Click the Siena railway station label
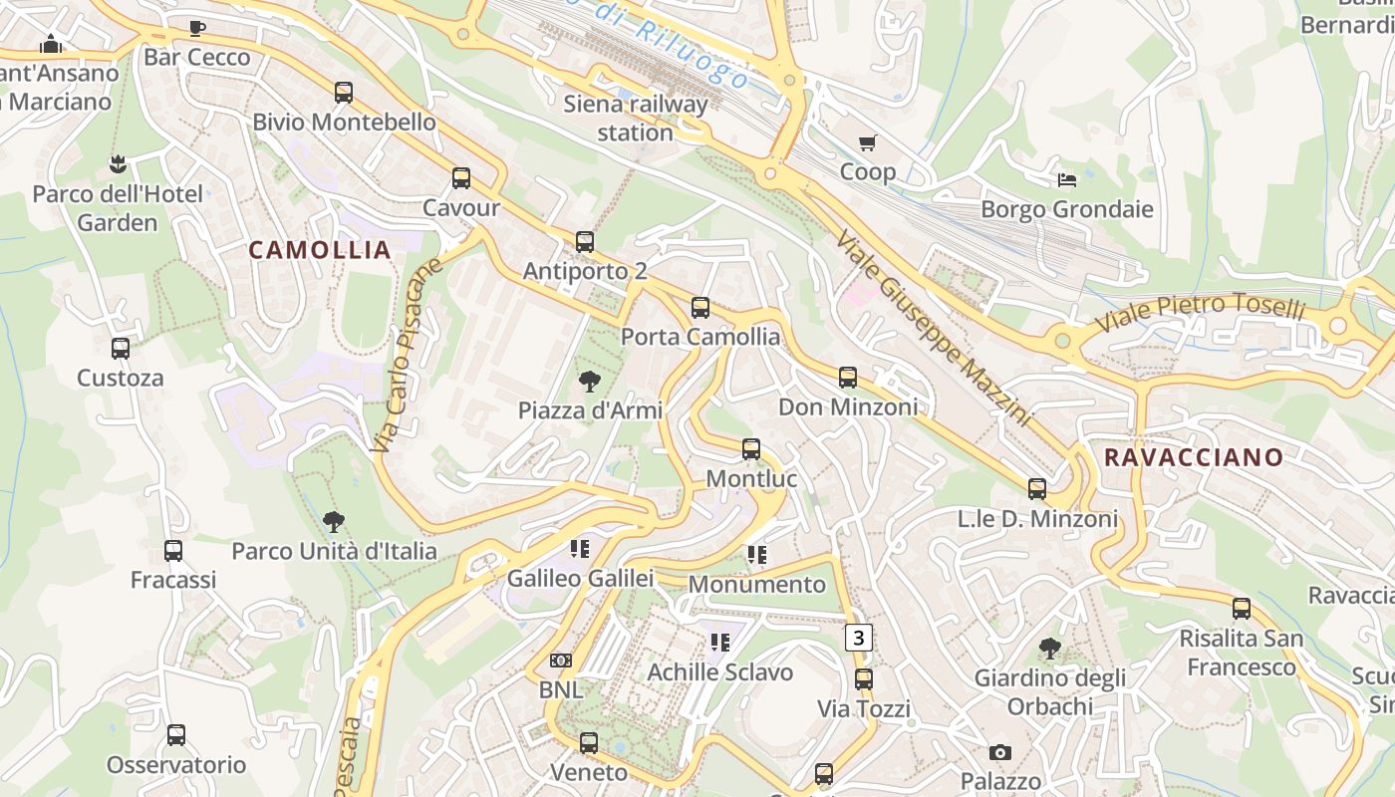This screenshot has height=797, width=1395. tap(636, 118)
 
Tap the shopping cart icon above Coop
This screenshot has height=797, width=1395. tap(868, 143)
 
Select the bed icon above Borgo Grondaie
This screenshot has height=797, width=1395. tap(1067, 180)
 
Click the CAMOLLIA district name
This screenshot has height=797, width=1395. tap(320, 250)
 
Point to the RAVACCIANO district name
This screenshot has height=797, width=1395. tap(1194, 457)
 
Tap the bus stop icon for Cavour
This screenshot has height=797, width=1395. tap(461, 178)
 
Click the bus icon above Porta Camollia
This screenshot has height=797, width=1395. tap(700, 308)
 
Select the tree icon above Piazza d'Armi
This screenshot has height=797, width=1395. tap(590, 381)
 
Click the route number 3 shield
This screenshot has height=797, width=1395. tap(859, 638)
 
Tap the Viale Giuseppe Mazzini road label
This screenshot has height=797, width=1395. tap(933, 328)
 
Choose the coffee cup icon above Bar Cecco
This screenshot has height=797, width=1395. tap(197, 28)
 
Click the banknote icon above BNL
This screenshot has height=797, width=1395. tap(561, 661)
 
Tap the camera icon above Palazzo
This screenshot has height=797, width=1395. tap(1000, 752)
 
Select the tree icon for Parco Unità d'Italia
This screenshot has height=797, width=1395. tap(334, 521)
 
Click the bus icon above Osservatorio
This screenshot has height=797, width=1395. tap(176, 735)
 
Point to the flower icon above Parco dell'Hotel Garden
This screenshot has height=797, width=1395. tap(118, 163)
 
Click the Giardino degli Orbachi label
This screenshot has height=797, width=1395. tap(1049, 691)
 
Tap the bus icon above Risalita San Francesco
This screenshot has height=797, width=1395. tap(1242, 608)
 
